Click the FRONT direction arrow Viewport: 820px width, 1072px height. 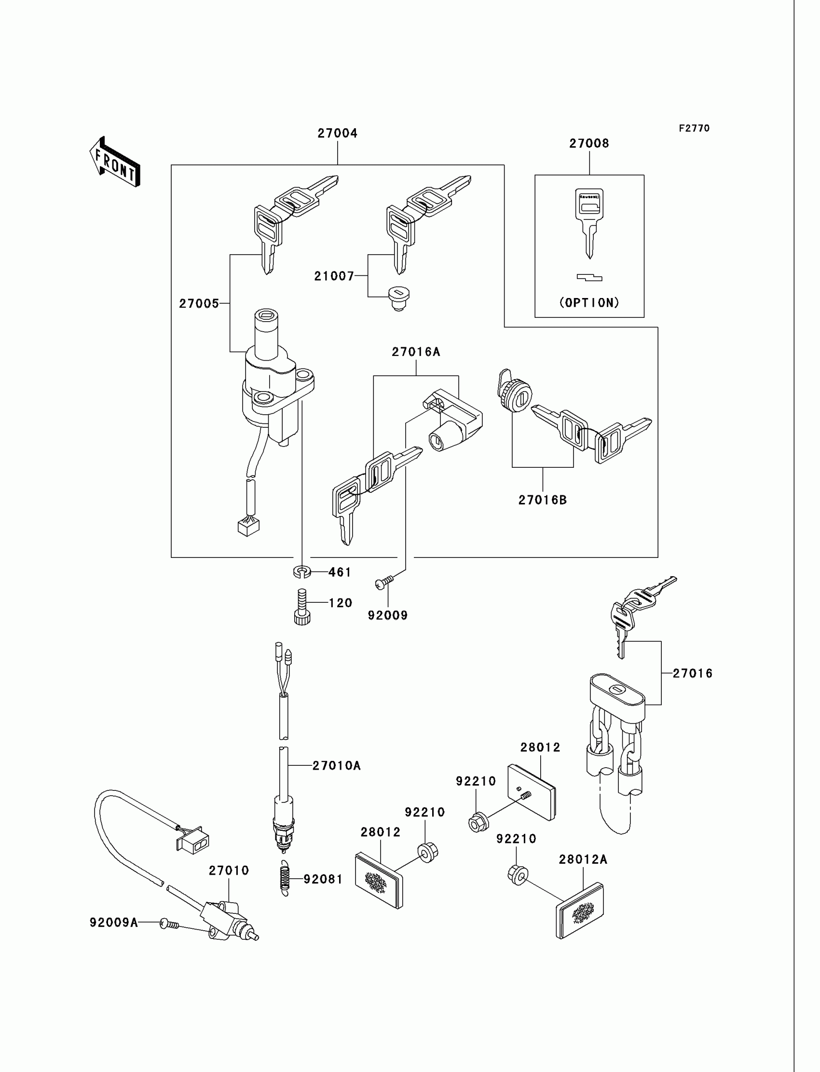point(115,163)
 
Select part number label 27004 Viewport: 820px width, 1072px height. point(337,133)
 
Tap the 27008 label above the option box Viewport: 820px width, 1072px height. point(589,143)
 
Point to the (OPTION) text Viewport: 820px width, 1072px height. point(589,302)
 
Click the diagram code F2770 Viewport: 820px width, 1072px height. point(694,128)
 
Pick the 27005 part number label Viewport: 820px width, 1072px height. point(199,303)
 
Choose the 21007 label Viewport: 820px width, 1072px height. point(334,276)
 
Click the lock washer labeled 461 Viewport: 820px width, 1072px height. point(302,571)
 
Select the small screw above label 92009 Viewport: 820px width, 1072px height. point(384,582)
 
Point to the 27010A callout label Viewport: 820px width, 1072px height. point(336,766)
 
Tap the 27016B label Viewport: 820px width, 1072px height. point(542,500)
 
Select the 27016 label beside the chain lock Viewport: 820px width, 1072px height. point(692,673)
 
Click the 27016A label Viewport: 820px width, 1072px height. point(416,352)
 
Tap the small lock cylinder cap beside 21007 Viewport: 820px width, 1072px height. point(398,299)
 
